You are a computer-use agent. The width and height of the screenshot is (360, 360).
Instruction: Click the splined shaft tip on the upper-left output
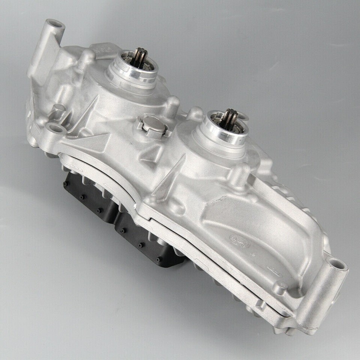141,56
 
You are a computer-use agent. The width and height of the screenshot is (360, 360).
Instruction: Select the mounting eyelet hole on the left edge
56,129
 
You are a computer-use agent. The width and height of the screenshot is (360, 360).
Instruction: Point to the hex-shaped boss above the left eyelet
58,110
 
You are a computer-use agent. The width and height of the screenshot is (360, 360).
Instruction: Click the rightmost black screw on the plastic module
157,258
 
